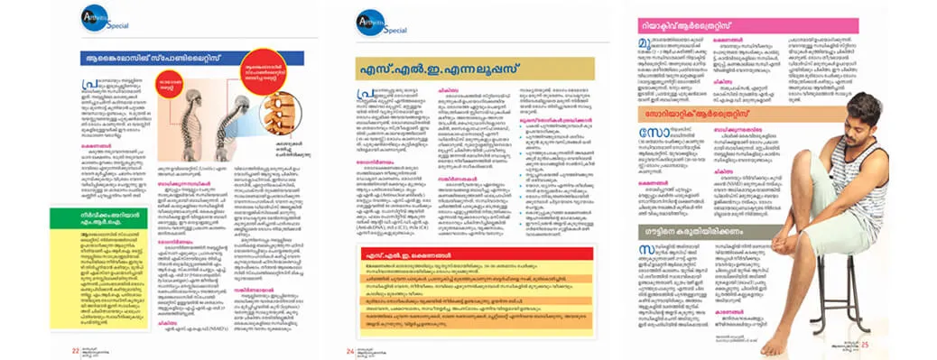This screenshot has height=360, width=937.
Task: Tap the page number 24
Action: pos(348,350)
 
